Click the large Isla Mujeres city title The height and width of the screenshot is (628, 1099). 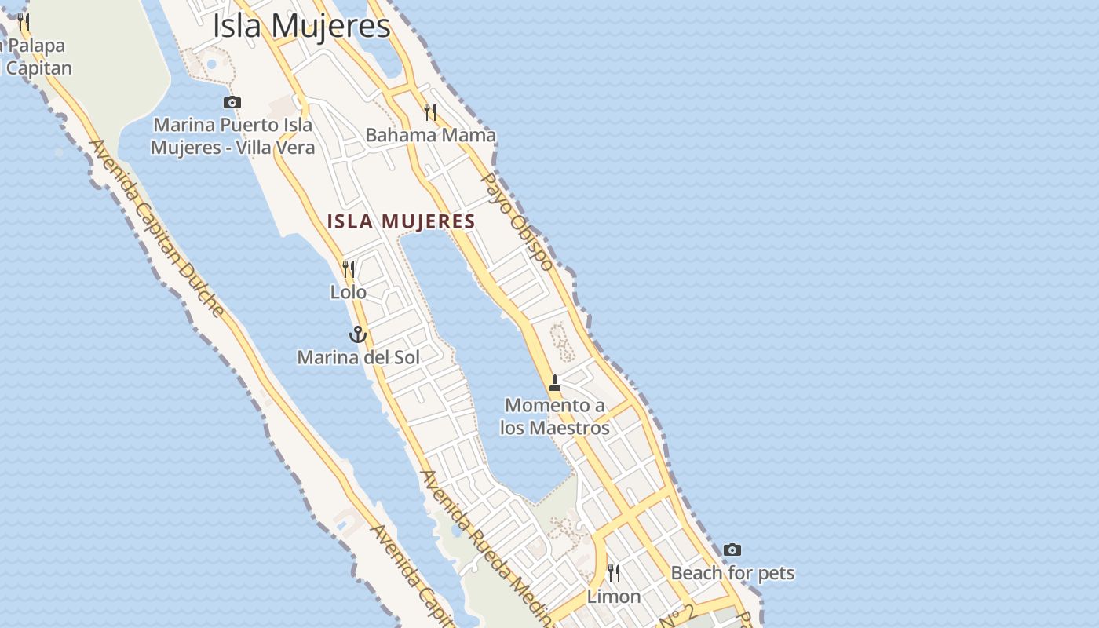click(301, 26)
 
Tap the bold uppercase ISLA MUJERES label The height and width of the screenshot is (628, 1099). click(401, 221)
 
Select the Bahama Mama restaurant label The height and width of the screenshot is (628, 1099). click(430, 135)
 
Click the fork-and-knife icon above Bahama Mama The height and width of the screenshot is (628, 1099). click(430, 112)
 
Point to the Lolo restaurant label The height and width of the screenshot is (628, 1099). click(348, 292)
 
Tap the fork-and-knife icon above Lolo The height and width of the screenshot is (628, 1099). click(349, 269)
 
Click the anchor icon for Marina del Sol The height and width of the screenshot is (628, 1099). click(358, 334)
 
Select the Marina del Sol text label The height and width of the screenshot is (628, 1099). click(358, 357)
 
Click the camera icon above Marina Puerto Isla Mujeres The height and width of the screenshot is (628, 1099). click(232, 102)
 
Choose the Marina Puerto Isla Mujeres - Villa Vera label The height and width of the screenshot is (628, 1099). click(232, 136)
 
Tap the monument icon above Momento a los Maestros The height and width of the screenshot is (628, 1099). click(555, 383)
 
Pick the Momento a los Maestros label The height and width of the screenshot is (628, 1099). click(555, 417)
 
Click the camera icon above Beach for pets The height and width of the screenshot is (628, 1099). click(732, 549)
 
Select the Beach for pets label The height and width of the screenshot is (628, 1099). click(732, 573)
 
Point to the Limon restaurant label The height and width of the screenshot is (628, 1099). click(614, 597)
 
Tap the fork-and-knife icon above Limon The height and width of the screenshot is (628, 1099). click(614, 573)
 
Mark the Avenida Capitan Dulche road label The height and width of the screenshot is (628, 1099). click(157, 228)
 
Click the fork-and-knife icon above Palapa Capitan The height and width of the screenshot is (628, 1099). click(24, 21)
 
